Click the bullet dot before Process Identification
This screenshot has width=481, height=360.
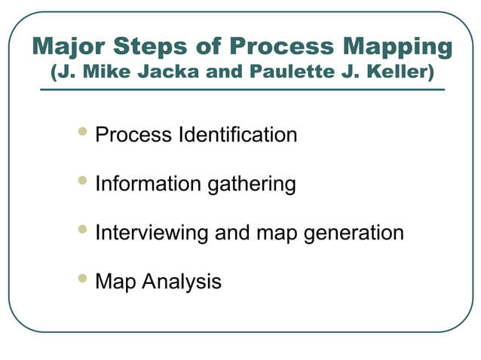point(83,133)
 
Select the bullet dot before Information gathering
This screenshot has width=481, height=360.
point(83,182)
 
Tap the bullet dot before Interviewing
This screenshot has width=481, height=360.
point(83,230)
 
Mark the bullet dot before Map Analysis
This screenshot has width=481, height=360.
point(83,279)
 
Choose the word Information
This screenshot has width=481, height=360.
point(141,184)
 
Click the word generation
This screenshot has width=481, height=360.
point(354,233)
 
